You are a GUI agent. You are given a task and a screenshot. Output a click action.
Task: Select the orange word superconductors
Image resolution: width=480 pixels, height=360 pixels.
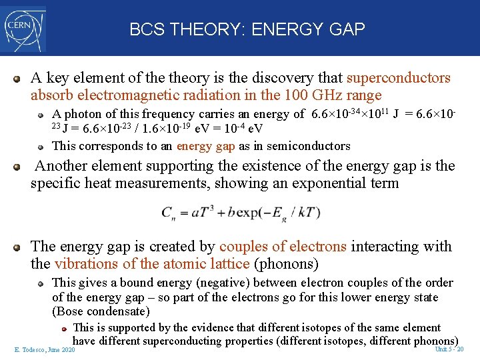[399, 78]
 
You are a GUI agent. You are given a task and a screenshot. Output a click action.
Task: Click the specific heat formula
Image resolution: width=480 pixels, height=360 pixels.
[240, 213]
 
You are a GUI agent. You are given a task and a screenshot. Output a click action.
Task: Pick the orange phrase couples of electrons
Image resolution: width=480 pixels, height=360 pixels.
[283, 247]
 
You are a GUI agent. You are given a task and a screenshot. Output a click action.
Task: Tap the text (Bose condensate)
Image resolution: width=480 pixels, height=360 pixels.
[101, 311]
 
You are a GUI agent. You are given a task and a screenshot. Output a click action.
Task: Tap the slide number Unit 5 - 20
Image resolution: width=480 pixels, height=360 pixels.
[449, 349]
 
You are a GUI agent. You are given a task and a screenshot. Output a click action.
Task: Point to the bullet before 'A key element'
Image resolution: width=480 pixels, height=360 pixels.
[18, 79]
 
